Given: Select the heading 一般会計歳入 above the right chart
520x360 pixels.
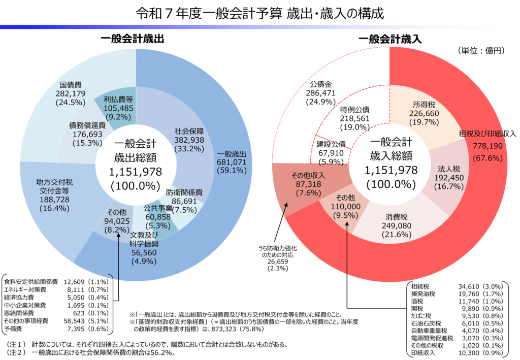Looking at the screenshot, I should point(389,39).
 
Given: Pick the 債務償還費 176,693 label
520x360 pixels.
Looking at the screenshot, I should point(87,134).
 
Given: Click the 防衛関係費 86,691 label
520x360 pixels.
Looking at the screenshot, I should point(185,201).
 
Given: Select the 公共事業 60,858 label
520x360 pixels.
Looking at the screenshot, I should point(157,216).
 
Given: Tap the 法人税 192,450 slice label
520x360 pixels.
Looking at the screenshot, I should point(448,177).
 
